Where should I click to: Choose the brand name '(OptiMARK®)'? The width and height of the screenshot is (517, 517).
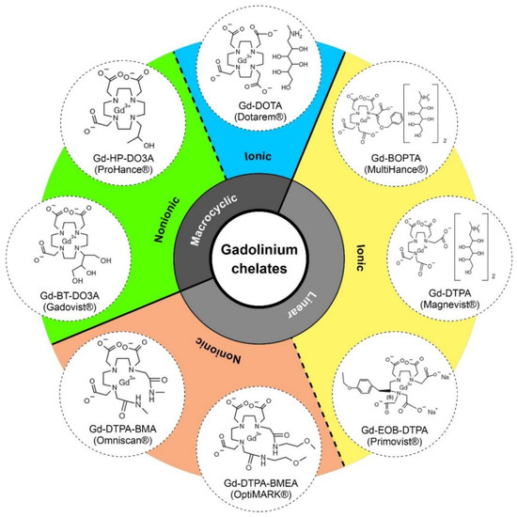point(258,495)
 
